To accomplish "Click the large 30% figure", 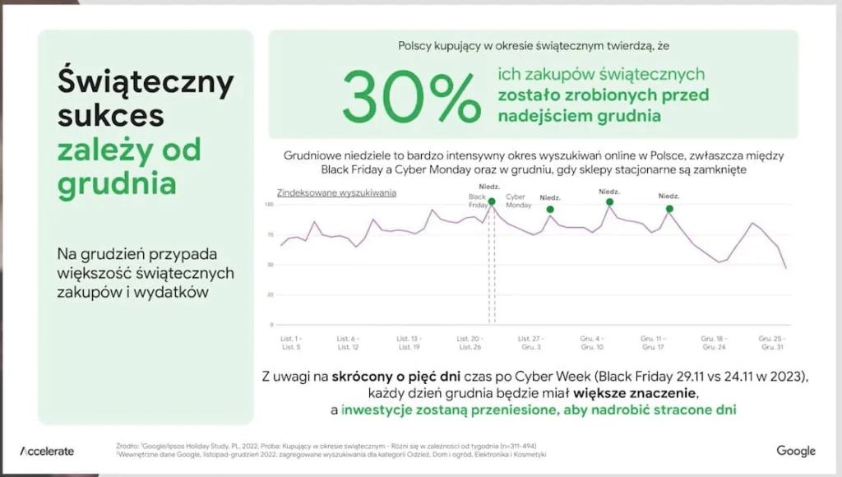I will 411,97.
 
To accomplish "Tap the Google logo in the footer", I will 795,451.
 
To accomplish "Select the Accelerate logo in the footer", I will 47,451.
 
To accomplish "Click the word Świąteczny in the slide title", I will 146,82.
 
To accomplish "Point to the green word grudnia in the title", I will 117,183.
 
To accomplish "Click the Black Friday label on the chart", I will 478,201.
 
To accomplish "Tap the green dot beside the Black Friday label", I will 492,201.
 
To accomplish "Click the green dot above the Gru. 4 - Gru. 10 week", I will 610,201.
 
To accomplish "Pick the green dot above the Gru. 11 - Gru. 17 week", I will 669,209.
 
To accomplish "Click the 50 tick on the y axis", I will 271,265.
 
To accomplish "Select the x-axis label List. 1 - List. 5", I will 290,342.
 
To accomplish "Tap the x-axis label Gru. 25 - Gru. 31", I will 771,342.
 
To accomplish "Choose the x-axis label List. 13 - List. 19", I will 409,342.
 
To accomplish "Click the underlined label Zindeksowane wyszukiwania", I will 331,193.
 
